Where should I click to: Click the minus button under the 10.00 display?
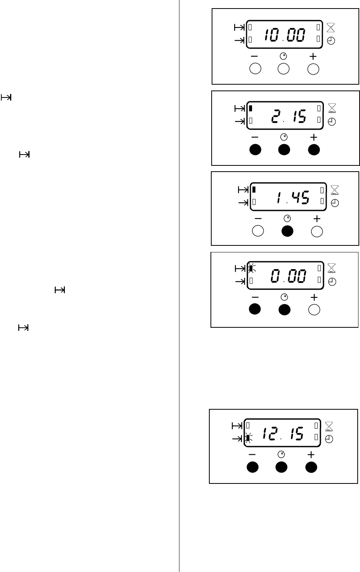[255, 69]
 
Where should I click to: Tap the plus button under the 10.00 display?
[313, 69]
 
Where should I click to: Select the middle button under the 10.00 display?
[284, 69]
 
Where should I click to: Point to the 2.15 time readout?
[288, 116]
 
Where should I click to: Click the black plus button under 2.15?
[314, 150]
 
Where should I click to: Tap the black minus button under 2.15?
[255, 150]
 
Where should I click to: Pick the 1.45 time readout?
[292, 198]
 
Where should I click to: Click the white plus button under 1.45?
[317, 231]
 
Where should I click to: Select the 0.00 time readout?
[288, 276]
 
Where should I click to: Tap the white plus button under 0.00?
[314, 309]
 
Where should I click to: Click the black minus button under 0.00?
[255, 309]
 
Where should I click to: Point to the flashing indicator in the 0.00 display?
[251, 268]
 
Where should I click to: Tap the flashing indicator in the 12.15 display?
[248, 438]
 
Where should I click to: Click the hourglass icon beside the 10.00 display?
[330, 27]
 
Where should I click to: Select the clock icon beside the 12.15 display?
[329, 439]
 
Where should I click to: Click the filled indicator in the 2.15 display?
[251, 108]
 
